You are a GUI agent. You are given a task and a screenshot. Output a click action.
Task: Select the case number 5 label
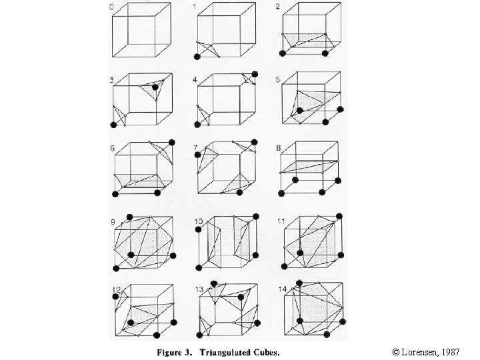(277, 80)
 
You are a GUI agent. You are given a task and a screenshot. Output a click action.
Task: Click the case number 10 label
(199, 221)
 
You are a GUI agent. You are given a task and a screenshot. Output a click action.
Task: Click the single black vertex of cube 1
(197, 58)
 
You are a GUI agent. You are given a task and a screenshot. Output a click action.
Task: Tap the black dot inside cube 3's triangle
(155, 87)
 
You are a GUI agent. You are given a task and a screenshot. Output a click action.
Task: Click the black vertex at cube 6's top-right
(173, 142)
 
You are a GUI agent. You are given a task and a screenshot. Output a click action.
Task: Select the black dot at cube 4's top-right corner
(254, 73)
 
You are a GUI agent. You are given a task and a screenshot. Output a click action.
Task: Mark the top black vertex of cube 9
(130, 215)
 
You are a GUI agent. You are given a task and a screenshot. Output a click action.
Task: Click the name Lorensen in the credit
(424, 350)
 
